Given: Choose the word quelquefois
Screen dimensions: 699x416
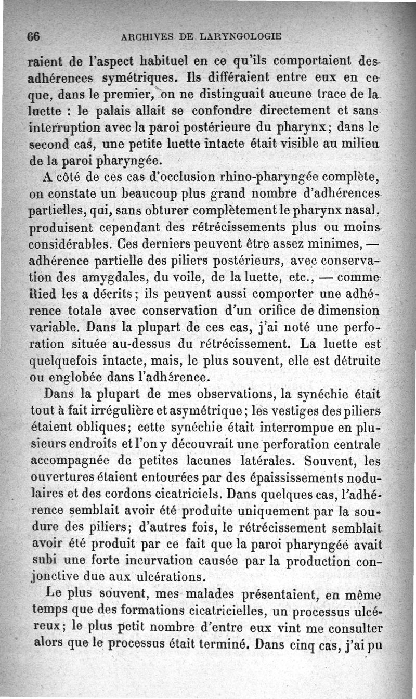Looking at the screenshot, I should click(63, 360).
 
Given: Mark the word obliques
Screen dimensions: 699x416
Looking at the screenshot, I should click(108, 428).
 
